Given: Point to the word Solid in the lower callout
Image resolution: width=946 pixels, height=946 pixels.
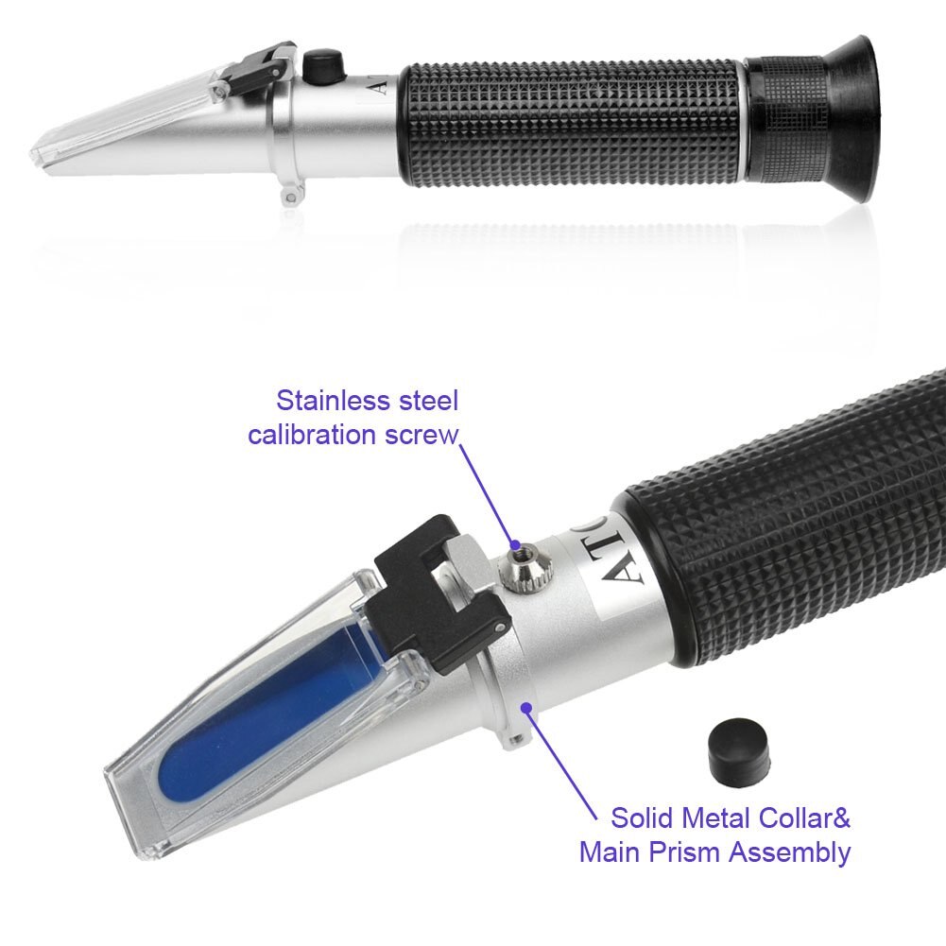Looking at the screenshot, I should tap(643, 817).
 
